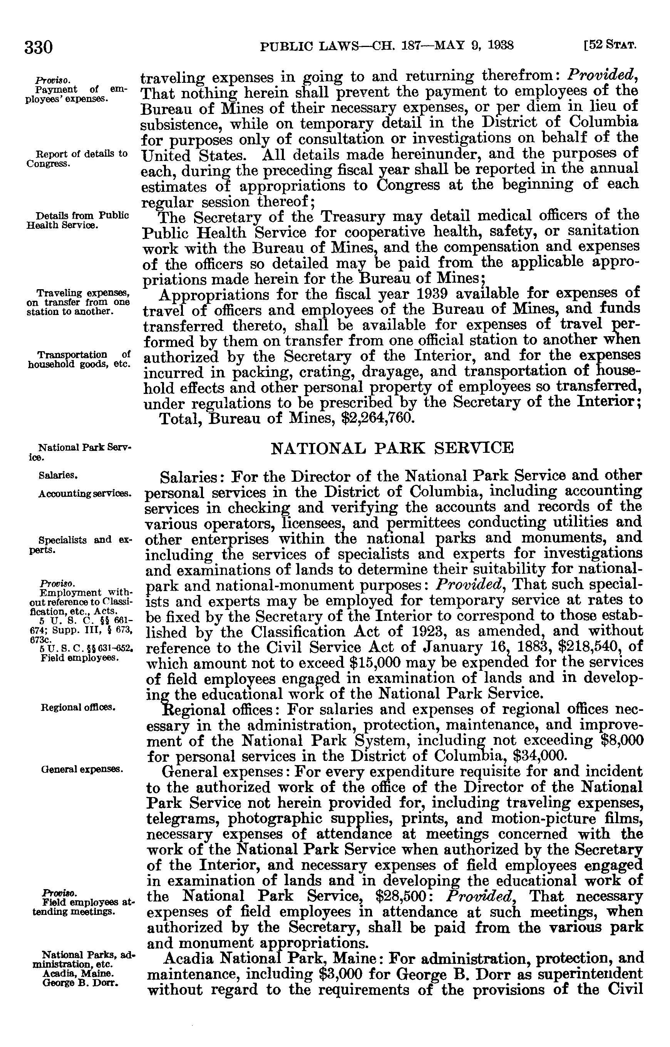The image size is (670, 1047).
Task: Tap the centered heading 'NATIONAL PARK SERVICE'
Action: tap(392, 447)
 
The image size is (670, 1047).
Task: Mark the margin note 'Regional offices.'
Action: tap(78, 708)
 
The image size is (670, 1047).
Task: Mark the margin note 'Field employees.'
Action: tap(80, 658)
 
